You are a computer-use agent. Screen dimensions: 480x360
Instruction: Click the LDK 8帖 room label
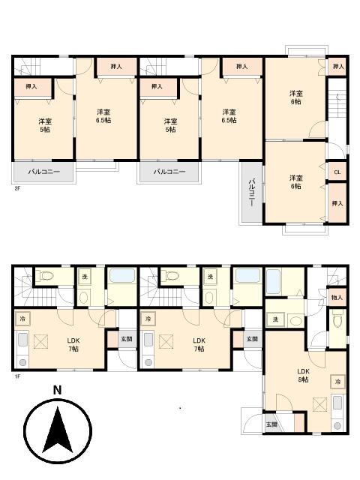[x=304, y=376]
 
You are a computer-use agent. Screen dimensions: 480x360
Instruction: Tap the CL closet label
[x=337, y=172]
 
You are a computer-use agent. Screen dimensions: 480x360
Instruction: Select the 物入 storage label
[x=337, y=298]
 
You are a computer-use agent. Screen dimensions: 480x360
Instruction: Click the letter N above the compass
[x=57, y=390]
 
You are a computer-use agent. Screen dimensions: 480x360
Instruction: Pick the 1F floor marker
[x=16, y=376]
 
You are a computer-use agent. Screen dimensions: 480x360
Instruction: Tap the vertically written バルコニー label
[x=252, y=192]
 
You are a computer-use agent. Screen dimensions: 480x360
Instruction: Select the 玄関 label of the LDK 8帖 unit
[x=271, y=424]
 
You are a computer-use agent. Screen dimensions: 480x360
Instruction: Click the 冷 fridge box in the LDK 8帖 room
[x=338, y=382]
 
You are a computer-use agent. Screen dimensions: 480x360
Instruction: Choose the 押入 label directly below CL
[x=337, y=203]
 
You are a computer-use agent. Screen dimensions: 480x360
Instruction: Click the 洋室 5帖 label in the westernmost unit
[x=45, y=124]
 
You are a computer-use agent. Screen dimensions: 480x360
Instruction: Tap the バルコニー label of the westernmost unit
[x=43, y=172]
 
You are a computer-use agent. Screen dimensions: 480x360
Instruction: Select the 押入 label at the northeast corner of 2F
[x=337, y=67]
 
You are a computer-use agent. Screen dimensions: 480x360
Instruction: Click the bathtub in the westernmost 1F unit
[x=120, y=277]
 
